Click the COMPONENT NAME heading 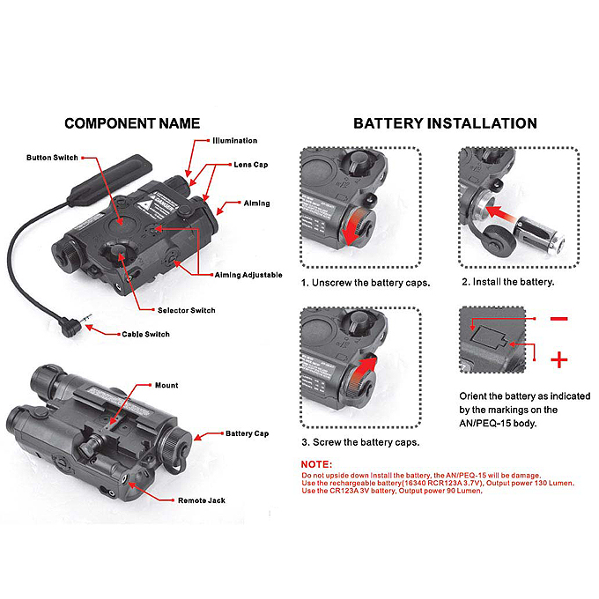coord(132,123)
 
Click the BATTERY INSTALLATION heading coord(445,123)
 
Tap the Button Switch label coord(52,158)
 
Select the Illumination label coord(234,141)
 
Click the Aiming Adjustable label coord(249,275)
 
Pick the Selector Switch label coord(186,310)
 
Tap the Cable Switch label coord(145,335)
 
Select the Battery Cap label coord(248,433)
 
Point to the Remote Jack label coord(202,500)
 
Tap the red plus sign coord(558,359)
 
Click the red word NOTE coord(317,464)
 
